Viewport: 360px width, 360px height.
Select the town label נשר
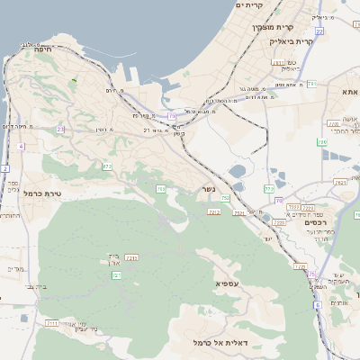pyautogui.click(x=209, y=189)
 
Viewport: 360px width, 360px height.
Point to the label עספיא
pyautogui.click(x=228, y=283)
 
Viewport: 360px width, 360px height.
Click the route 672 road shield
pyautogui.click(x=107, y=166)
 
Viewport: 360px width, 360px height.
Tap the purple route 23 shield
pyautogui.click(x=60, y=130)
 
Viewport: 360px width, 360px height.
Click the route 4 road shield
pyautogui.click(x=20, y=146)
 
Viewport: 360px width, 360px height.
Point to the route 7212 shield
pyautogui.click(x=214, y=211)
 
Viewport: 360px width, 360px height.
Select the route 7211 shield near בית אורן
pyautogui.click(x=131, y=258)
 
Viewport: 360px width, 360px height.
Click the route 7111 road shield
pyautogui.click(x=52, y=322)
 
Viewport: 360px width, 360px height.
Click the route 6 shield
pyautogui.click(x=317, y=305)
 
